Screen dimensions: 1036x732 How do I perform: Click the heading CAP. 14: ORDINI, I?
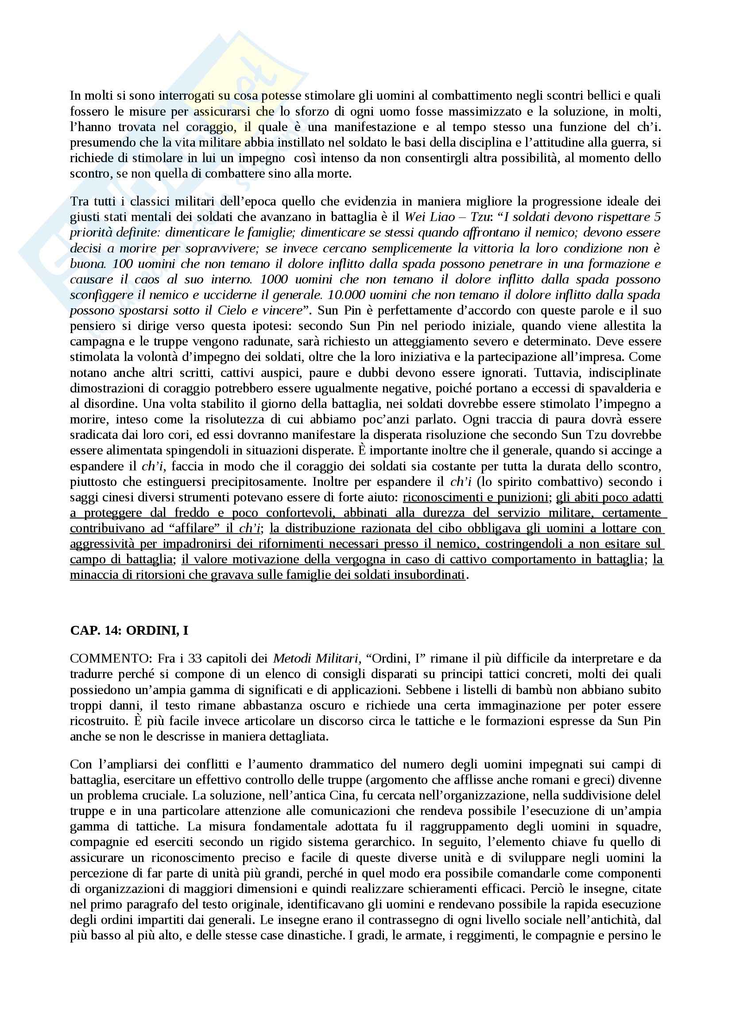129,630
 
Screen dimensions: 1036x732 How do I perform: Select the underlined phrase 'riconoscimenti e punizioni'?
475,497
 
